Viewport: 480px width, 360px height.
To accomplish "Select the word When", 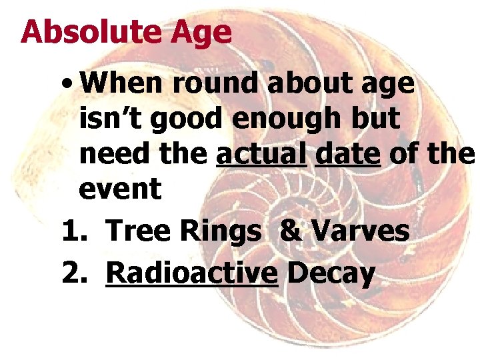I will [x=125, y=84].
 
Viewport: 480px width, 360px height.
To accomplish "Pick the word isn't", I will [x=113, y=119].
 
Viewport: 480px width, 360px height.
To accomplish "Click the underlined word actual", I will [x=262, y=154].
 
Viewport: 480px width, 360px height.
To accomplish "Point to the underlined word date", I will [x=348, y=154].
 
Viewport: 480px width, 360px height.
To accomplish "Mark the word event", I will [x=120, y=189].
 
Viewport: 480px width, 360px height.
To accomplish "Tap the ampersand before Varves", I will [x=291, y=231].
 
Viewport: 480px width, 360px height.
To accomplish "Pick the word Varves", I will [x=360, y=231].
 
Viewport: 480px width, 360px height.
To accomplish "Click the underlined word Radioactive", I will [x=191, y=273].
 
